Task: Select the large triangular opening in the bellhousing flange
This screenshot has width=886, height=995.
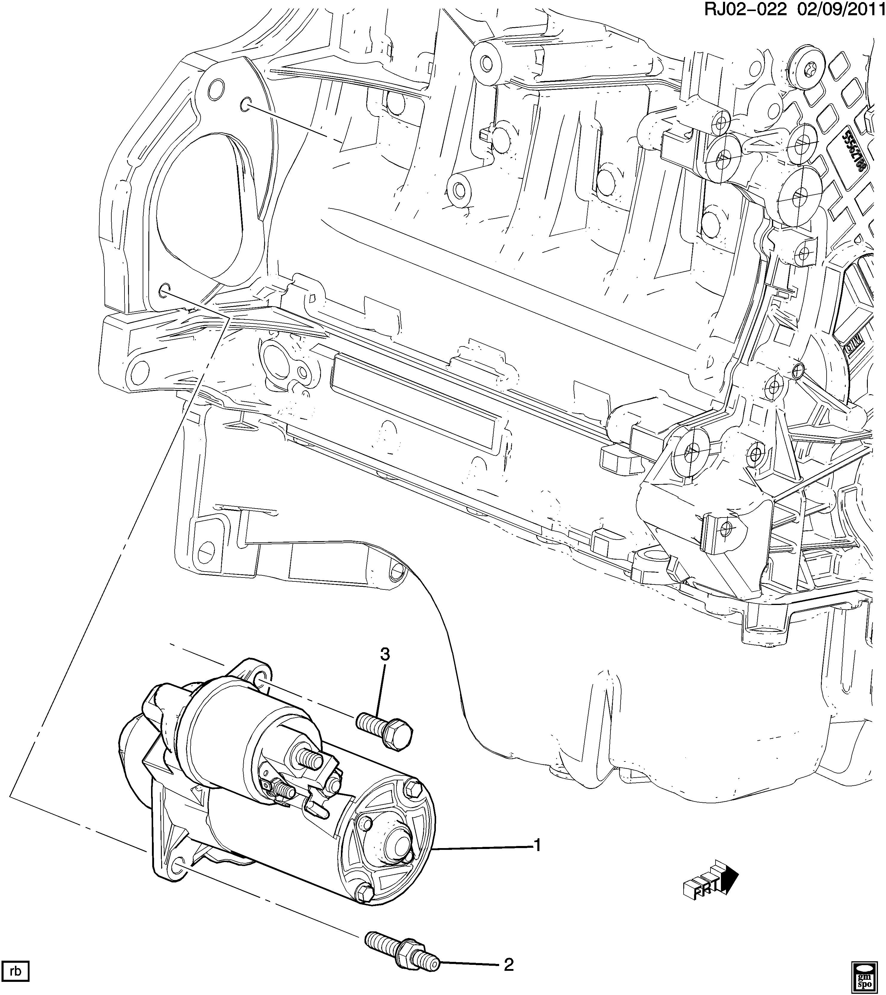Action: click(200, 214)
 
